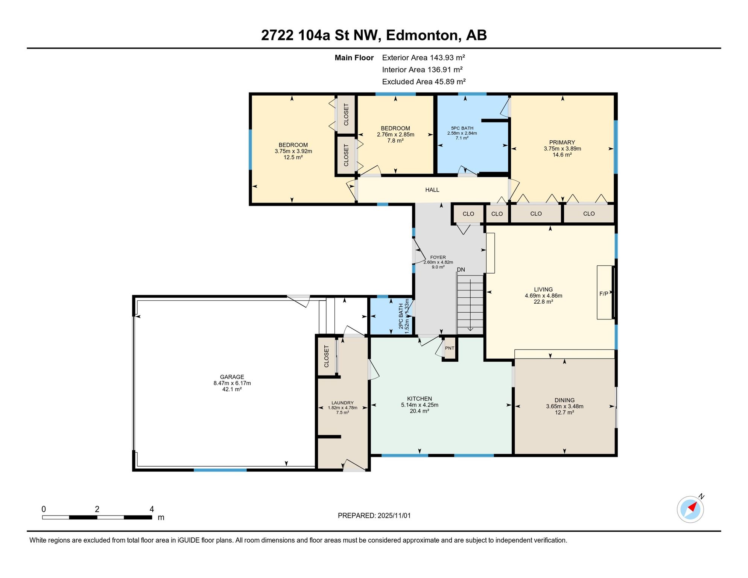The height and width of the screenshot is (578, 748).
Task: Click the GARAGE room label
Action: [x=232, y=377]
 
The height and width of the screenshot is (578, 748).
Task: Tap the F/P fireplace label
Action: [x=604, y=294]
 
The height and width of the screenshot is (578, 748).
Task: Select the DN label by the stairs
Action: [x=461, y=269]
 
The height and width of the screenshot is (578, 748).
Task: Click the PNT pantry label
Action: [x=450, y=348]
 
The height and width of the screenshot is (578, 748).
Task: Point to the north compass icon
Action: [x=690, y=509]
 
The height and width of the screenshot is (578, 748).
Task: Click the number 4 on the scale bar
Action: [x=152, y=509]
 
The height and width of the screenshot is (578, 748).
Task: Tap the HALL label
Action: [x=432, y=190]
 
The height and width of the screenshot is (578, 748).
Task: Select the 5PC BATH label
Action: [x=462, y=128]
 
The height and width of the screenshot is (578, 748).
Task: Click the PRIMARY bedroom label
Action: [x=562, y=142]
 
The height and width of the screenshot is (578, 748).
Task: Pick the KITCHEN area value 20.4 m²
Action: [x=420, y=411]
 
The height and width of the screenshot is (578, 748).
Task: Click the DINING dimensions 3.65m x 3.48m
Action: [x=565, y=406]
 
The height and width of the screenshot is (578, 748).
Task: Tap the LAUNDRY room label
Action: [x=342, y=403]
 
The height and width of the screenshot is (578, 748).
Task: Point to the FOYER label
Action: [x=438, y=257]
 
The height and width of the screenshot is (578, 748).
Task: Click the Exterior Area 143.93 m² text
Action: [x=423, y=58]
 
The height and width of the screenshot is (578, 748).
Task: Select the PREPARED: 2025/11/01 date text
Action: [x=374, y=516]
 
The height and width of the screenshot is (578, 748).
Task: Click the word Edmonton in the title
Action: [x=422, y=35]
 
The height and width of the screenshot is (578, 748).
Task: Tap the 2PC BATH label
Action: [x=401, y=316]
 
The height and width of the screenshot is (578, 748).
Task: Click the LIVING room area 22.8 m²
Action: [x=543, y=302]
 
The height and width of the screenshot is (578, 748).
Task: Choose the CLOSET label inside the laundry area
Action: [x=326, y=356]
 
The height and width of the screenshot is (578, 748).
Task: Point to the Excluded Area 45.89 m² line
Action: [x=424, y=82]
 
